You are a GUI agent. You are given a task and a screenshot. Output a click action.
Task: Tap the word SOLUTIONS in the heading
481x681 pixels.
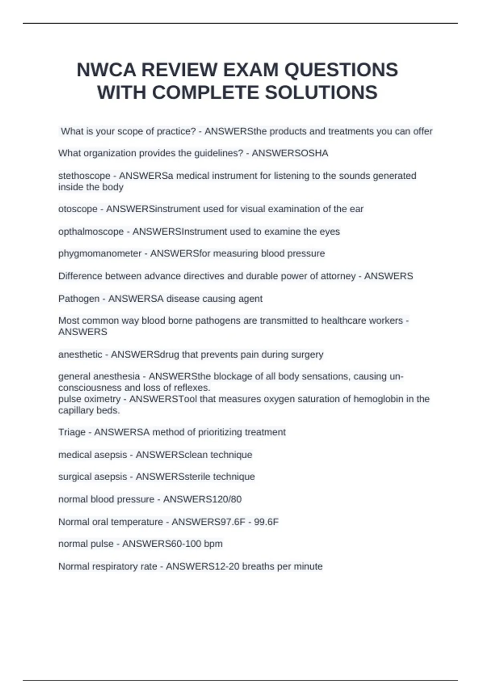click(x=321, y=93)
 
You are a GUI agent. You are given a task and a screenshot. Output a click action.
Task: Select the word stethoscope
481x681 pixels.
click(x=84, y=176)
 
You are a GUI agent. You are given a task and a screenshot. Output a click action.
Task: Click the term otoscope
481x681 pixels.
click(x=78, y=209)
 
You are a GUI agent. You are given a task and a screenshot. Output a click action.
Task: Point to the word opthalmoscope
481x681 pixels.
click(x=91, y=232)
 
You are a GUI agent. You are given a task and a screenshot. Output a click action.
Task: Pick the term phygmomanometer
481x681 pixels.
click(x=100, y=254)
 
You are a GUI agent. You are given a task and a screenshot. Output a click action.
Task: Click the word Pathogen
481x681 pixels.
click(x=79, y=299)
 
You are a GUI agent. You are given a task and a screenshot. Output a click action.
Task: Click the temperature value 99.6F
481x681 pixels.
click(x=266, y=522)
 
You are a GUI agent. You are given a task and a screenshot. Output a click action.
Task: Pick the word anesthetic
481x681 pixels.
click(x=80, y=355)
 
